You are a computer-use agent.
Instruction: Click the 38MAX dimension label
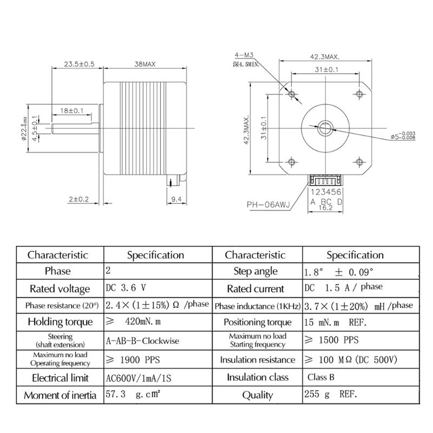(145, 64)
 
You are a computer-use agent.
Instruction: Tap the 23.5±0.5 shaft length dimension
(80, 64)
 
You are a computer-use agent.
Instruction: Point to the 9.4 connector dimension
(176, 199)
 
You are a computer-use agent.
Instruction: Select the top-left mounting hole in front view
(292, 95)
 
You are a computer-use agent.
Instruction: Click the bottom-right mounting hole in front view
(360, 161)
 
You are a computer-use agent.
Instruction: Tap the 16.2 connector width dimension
(326, 206)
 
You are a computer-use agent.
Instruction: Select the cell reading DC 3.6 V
(126, 288)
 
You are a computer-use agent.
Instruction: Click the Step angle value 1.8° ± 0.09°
(338, 271)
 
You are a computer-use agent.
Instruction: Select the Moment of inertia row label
(60, 395)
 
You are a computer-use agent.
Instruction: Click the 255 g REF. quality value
(330, 395)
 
